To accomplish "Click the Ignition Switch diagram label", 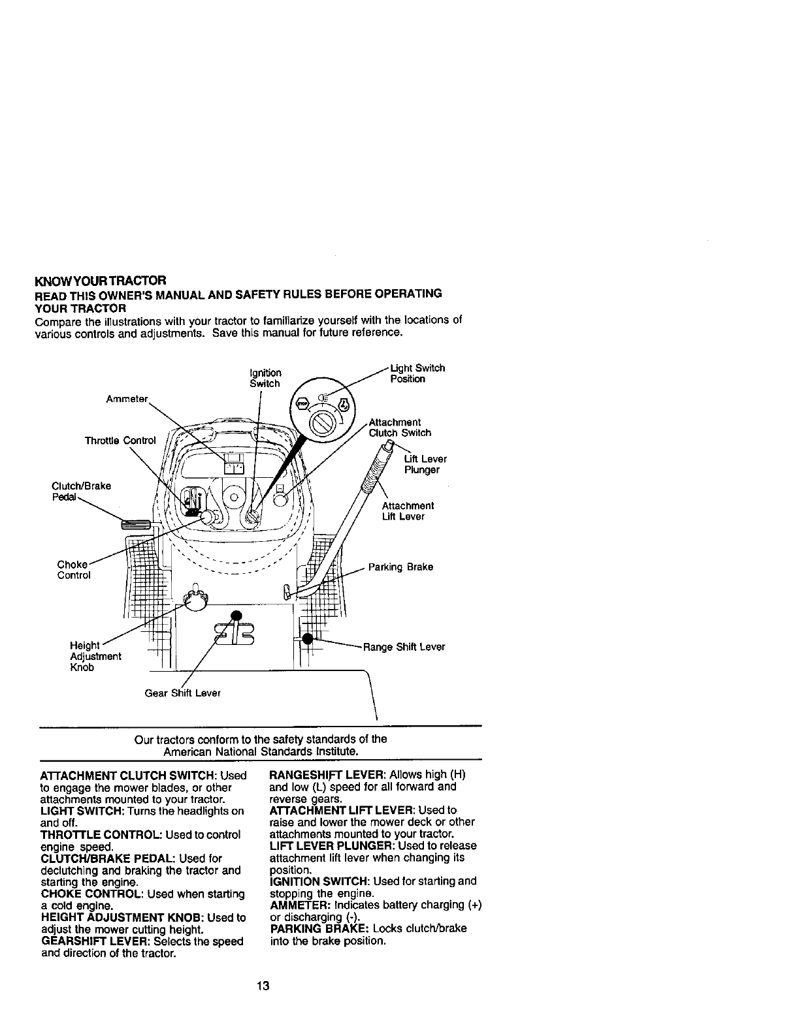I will (265, 378).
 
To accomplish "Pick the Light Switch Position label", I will (417, 373).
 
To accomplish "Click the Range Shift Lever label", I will (404, 647).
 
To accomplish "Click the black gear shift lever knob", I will (236, 614).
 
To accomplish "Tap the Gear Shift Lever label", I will (182, 693).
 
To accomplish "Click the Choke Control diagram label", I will (73, 570).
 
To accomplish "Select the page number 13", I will (263, 986).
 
